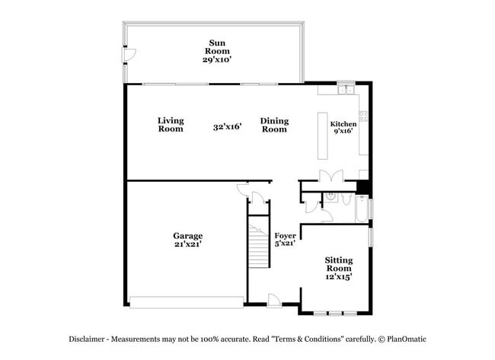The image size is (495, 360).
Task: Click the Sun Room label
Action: click(x=218, y=49)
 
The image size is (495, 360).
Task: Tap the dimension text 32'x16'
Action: click(x=227, y=127)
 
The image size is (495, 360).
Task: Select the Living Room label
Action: click(x=171, y=124)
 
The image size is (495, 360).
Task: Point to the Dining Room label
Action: click(x=274, y=124)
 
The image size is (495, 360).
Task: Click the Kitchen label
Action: click(x=343, y=128)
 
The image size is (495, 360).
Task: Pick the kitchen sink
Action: click(x=346, y=91)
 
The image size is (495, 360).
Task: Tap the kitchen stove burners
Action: click(x=364, y=116)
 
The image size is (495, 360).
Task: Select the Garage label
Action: click(x=187, y=240)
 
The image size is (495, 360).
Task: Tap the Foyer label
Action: click(x=285, y=240)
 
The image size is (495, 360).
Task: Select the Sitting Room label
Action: click(x=339, y=269)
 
